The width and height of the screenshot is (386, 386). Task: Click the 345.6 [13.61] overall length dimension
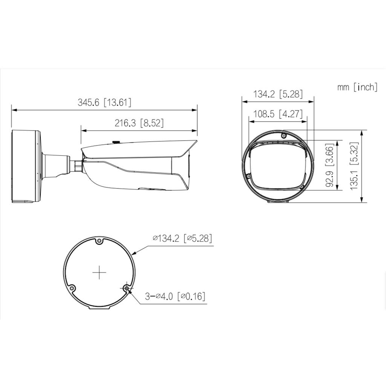[x=104, y=103]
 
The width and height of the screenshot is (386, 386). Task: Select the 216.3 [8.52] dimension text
[x=139, y=123]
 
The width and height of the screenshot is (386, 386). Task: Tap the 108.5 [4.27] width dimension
[x=278, y=114]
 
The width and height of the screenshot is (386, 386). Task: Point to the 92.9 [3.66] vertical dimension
[x=329, y=165]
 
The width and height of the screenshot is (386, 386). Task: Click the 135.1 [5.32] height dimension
[x=354, y=166]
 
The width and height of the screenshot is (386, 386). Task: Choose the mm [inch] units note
[x=357, y=87]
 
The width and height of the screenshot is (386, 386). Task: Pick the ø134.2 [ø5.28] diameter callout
[x=182, y=238]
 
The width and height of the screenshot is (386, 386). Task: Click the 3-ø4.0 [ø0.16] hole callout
[x=175, y=296]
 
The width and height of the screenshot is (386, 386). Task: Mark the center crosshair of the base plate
[x=99, y=272]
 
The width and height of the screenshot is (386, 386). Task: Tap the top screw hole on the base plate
[x=99, y=241]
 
